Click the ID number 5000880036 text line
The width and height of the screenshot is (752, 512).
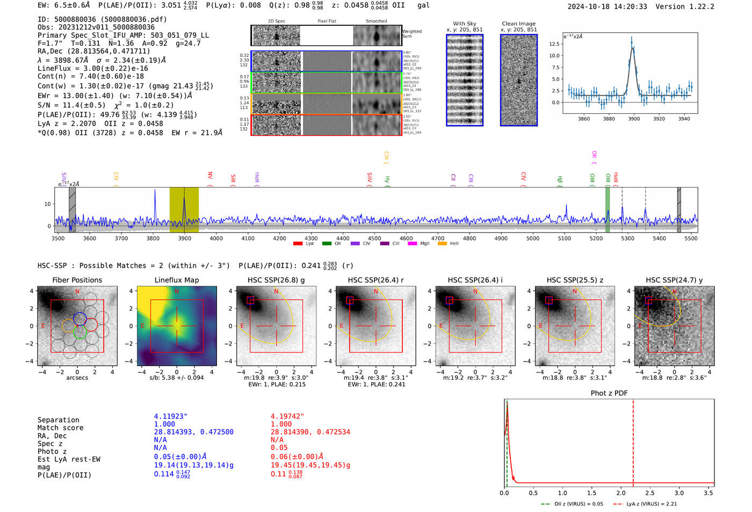(x=102, y=19)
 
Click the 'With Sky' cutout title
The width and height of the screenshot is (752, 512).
(x=464, y=24)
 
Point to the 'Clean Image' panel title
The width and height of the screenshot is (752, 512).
(x=518, y=24)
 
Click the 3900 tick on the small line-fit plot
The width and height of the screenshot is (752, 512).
(x=634, y=119)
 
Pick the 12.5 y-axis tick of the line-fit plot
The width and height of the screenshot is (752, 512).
(x=554, y=44)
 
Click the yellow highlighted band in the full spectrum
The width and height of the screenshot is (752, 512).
(x=184, y=210)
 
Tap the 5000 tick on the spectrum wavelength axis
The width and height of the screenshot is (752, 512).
(x=532, y=239)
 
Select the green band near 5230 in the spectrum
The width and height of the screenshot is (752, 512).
(x=608, y=210)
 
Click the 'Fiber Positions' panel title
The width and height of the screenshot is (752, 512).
(x=77, y=280)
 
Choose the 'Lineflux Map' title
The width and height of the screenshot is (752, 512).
(x=176, y=280)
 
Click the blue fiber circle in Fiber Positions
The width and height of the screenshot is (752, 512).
(x=79, y=318)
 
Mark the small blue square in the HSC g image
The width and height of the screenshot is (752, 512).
(x=250, y=300)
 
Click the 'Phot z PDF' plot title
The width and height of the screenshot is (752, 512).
(x=609, y=393)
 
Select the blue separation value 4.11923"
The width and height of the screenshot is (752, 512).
(x=170, y=416)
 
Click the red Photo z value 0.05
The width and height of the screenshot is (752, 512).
(x=279, y=448)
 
